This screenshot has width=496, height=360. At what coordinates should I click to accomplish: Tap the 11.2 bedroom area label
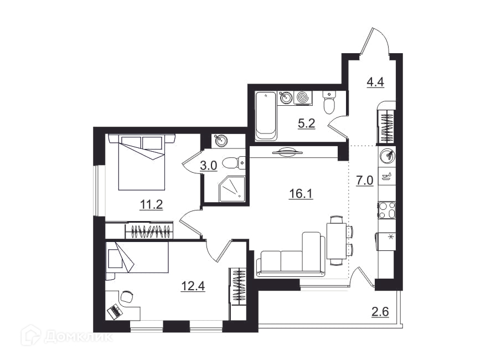[x=151, y=205]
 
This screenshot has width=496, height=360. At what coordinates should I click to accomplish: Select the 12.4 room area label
[x=193, y=286]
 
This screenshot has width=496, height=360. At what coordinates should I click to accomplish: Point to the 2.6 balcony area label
[x=380, y=312]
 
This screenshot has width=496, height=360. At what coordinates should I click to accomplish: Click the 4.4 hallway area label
[x=375, y=82]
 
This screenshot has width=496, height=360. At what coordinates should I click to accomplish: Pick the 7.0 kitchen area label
[x=365, y=181]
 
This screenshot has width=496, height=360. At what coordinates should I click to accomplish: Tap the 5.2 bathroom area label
[x=307, y=123]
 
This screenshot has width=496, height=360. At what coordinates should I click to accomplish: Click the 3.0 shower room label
[x=209, y=166]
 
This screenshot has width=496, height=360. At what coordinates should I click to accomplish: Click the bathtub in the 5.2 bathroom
[x=266, y=116]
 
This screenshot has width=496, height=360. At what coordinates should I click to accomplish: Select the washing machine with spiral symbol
[x=303, y=97]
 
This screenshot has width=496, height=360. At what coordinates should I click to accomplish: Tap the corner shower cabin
[x=232, y=188]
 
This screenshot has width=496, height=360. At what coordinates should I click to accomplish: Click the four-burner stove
[x=387, y=210]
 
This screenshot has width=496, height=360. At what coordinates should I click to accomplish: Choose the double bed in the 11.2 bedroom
[x=142, y=162]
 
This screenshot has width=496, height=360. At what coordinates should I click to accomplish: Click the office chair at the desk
[x=127, y=296]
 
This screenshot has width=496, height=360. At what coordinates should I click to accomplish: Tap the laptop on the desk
[x=115, y=311]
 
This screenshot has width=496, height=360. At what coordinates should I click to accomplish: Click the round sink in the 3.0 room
[x=221, y=141]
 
